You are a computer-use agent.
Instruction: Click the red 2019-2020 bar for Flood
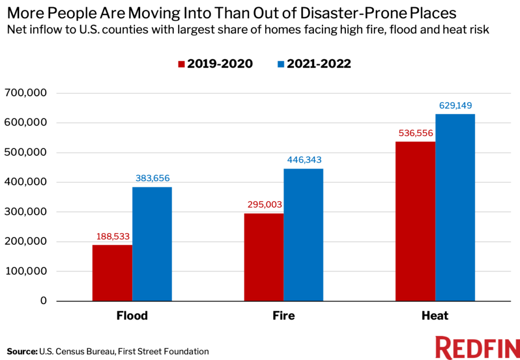[112, 273]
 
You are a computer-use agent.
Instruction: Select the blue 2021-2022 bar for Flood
[152, 244]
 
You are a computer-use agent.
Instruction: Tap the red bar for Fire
[264, 257]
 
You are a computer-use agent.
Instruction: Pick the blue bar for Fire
[303, 235]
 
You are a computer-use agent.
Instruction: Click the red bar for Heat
[415, 221]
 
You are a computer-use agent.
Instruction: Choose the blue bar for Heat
[454, 207]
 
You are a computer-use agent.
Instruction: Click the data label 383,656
[152, 178]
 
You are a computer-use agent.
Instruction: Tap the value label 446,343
[304, 160]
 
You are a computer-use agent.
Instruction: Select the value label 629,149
[456, 106]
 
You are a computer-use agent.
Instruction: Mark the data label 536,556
[415, 133]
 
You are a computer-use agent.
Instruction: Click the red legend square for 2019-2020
[181, 64]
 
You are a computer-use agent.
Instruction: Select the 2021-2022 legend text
[319, 64]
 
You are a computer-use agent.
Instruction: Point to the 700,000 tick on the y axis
[25, 93]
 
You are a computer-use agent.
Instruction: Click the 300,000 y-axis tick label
[25, 212]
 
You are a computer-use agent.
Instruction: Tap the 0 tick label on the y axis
[44, 301]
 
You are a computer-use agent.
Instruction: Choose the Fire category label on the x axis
[283, 316]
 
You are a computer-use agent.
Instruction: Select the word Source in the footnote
[21, 351]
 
